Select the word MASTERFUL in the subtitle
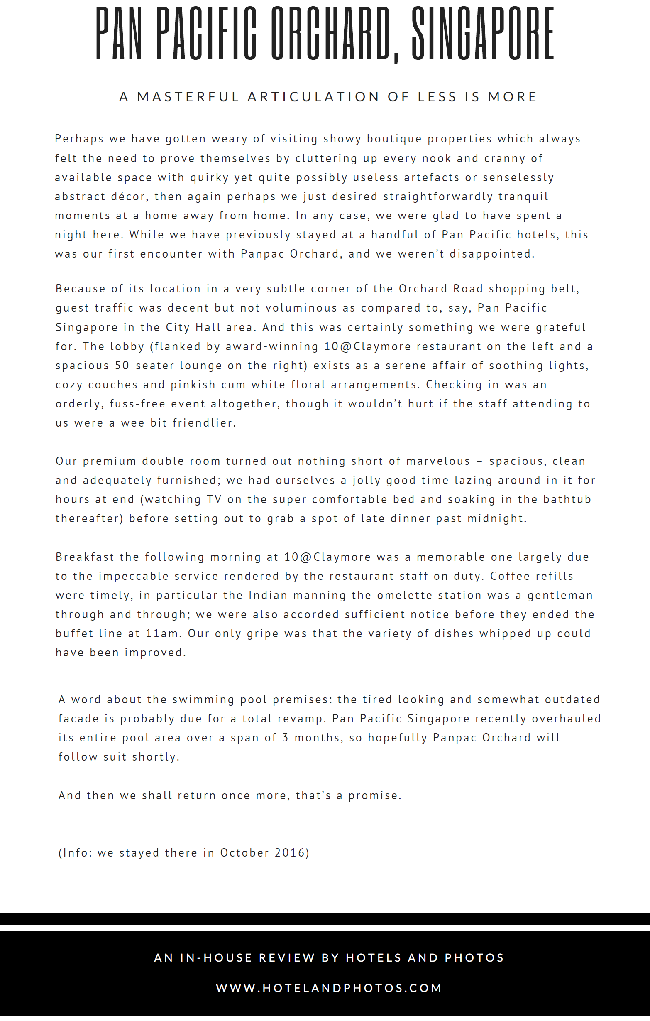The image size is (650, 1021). pos(188,97)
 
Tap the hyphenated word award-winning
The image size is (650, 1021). pos(271,346)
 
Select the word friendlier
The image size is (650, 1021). pos(204,423)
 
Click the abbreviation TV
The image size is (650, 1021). pos(214,499)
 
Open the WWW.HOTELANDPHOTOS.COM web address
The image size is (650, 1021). pos(329,988)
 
